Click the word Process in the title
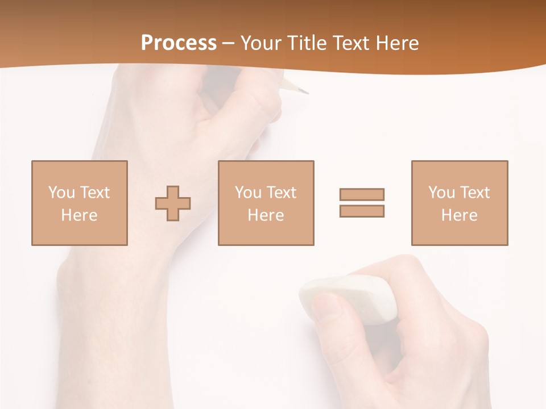[x=179, y=43]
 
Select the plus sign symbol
[x=173, y=203]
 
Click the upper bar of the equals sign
[x=362, y=194]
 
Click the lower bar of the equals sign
[x=362, y=211]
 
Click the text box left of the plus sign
[x=80, y=203]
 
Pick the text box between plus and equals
[x=266, y=203]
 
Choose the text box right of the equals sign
[x=459, y=203]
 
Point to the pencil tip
[x=306, y=91]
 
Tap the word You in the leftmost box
[x=61, y=193]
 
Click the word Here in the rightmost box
[x=459, y=215]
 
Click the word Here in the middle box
[x=266, y=215]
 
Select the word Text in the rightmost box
[x=475, y=193]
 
